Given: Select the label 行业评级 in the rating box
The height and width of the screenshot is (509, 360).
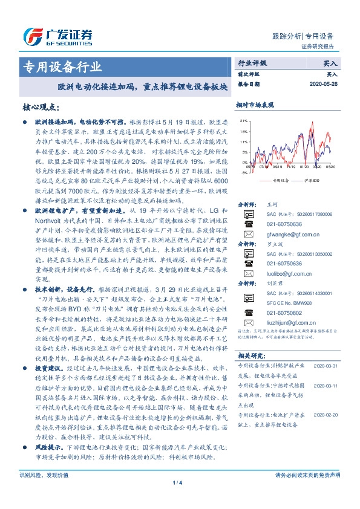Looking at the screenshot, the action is pyautogui.click(x=252, y=63).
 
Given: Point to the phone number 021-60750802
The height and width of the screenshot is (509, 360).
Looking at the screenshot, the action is pyautogui.click(x=284, y=313).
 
